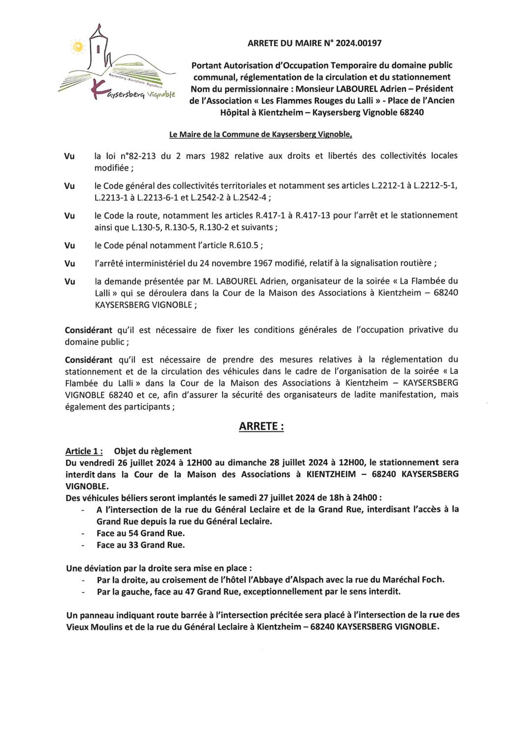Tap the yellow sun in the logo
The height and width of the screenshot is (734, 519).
tap(78, 47)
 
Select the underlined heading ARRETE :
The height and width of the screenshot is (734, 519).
tap(261, 426)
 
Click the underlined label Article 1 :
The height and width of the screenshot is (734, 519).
tap(84, 451)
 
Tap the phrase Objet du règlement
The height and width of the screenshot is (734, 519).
tap(153, 451)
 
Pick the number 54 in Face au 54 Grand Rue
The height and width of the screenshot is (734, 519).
tap(133, 533)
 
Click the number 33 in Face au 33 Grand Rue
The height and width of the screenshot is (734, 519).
tap(133, 545)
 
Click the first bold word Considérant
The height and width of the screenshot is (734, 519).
tap(88, 330)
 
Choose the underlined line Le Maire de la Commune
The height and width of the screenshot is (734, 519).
tap(260, 134)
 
